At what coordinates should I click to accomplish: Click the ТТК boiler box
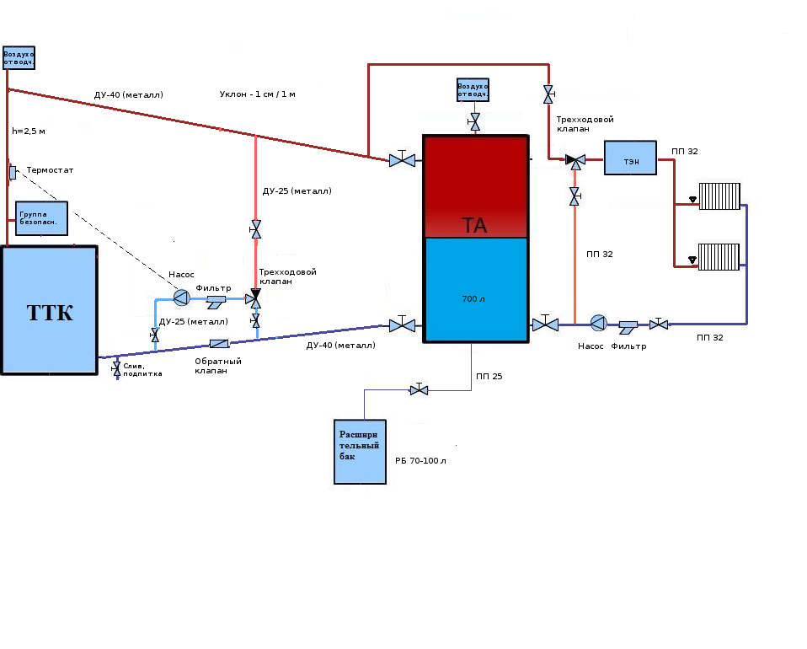coord(50,310)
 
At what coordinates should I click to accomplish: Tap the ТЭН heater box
coord(630,158)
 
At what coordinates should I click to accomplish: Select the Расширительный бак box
coord(360,452)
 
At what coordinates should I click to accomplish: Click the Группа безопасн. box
coord(41,218)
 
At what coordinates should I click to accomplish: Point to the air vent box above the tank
coord(473,89)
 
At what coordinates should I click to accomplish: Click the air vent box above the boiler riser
coord(19,57)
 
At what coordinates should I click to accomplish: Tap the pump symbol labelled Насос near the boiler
coord(181,298)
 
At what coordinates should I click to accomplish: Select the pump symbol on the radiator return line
coord(598,323)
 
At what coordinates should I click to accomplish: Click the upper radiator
coord(719,196)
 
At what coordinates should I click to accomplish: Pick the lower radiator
coord(719,257)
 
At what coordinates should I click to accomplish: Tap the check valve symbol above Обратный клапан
coord(219,344)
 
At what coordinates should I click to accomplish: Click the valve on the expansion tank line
coord(419,389)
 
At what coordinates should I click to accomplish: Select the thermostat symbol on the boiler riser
coord(13,173)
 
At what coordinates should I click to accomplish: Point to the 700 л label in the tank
coord(473,298)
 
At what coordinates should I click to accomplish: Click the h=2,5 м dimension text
coord(29,131)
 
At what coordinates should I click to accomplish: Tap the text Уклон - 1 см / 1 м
coord(257,94)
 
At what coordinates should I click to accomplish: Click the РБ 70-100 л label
coord(420,460)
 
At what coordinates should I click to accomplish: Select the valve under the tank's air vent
coord(474,121)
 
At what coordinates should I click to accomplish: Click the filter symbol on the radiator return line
coord(628,327)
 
